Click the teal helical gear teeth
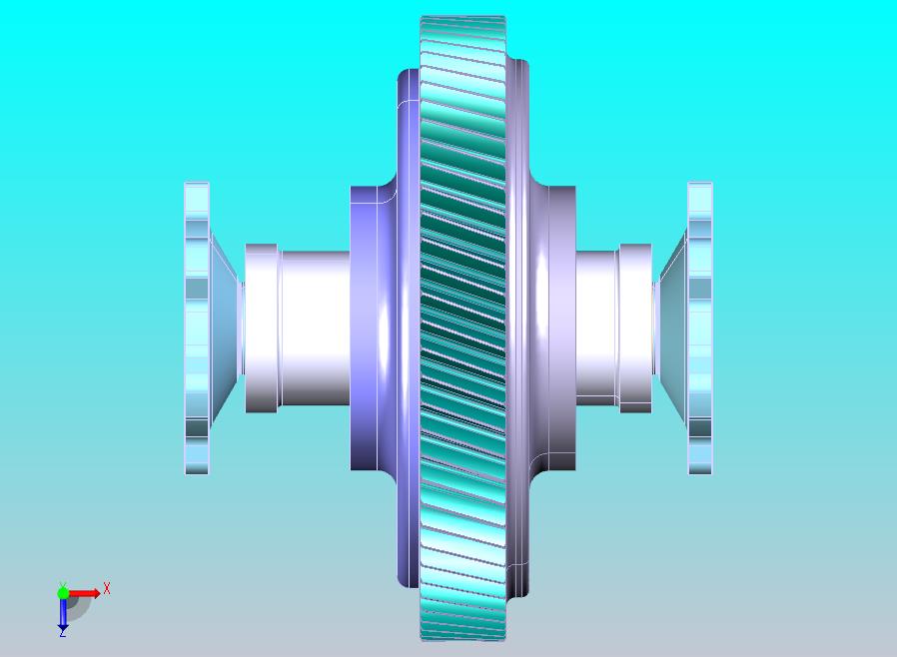(462, 328)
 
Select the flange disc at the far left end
(197, 328)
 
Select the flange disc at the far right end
(699, 328)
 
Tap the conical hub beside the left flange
(224, 328)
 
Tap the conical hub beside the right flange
(673, 328)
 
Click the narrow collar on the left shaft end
(262, 328)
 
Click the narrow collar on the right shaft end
(635, 328)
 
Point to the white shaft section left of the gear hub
(315, 328)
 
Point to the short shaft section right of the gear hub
(596, 328)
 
